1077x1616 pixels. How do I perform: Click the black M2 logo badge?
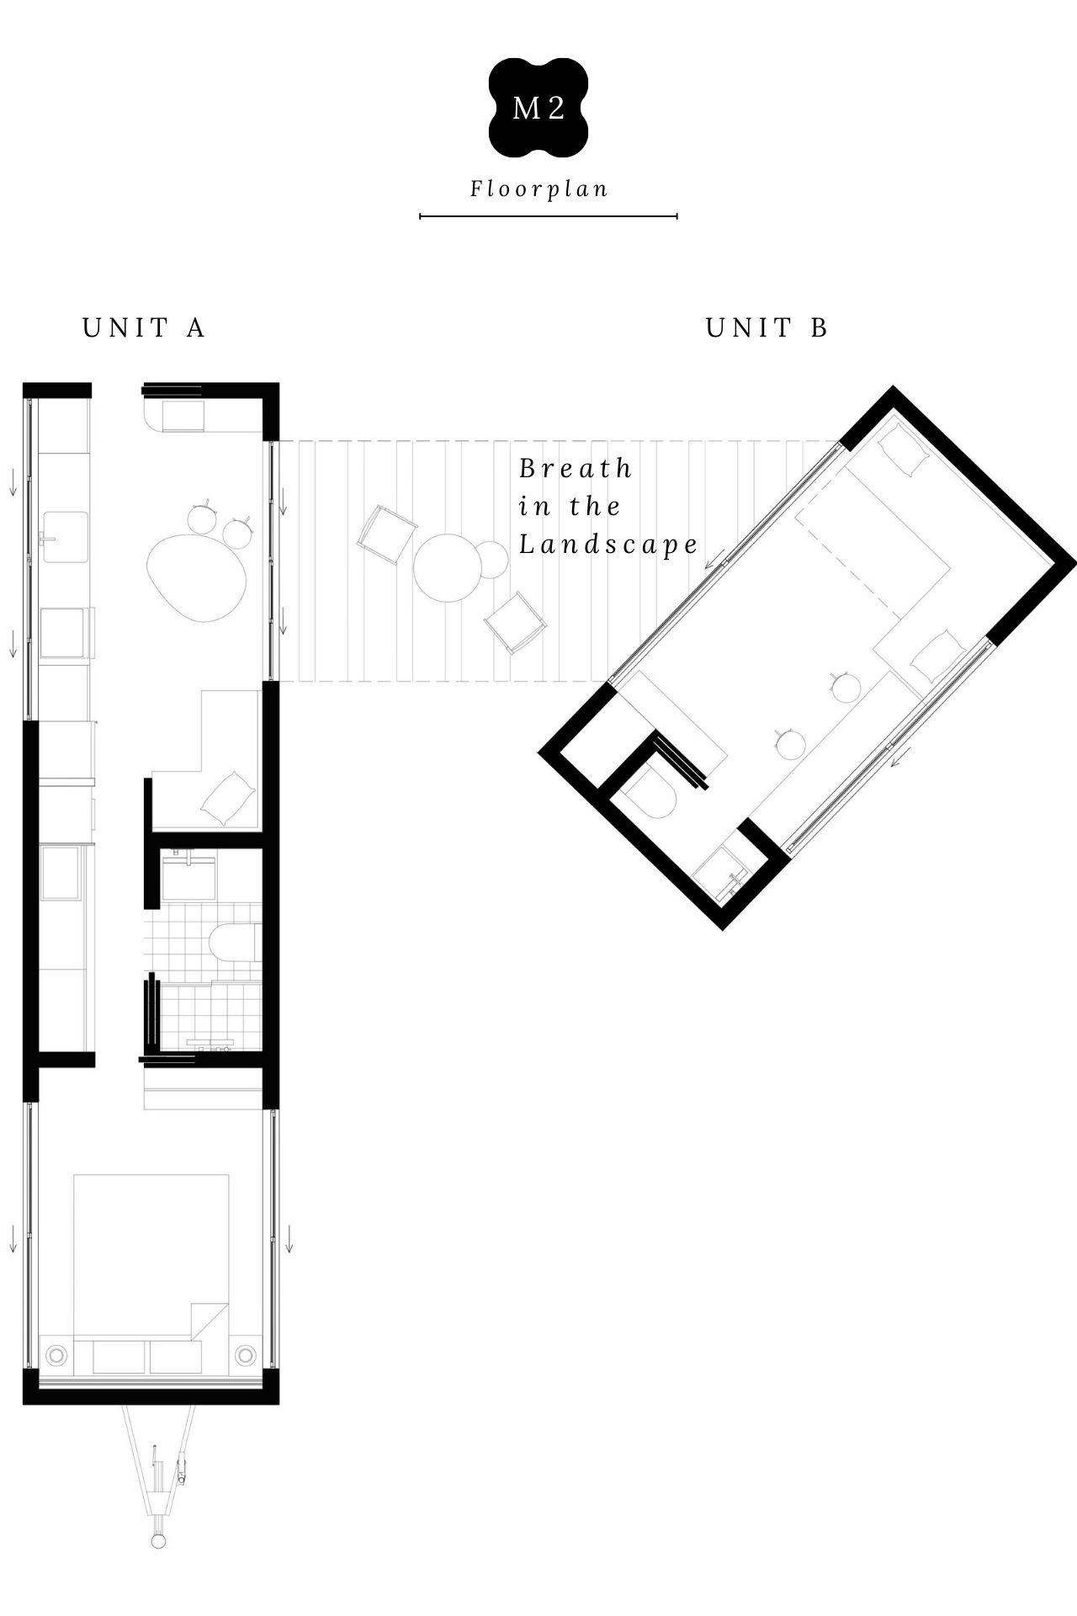538,108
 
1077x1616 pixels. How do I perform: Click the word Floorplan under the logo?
538,189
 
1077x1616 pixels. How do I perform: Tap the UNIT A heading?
144,327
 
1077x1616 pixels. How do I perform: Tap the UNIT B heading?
767,327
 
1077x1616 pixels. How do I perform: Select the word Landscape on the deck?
608,545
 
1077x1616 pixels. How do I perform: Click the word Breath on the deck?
576,468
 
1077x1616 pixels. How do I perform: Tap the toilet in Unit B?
652,791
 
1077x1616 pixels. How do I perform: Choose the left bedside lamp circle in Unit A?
56,1356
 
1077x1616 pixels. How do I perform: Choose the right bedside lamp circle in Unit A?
246,1354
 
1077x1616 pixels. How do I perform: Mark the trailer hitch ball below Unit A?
158,1541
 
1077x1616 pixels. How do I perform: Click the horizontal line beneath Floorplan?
549,216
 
